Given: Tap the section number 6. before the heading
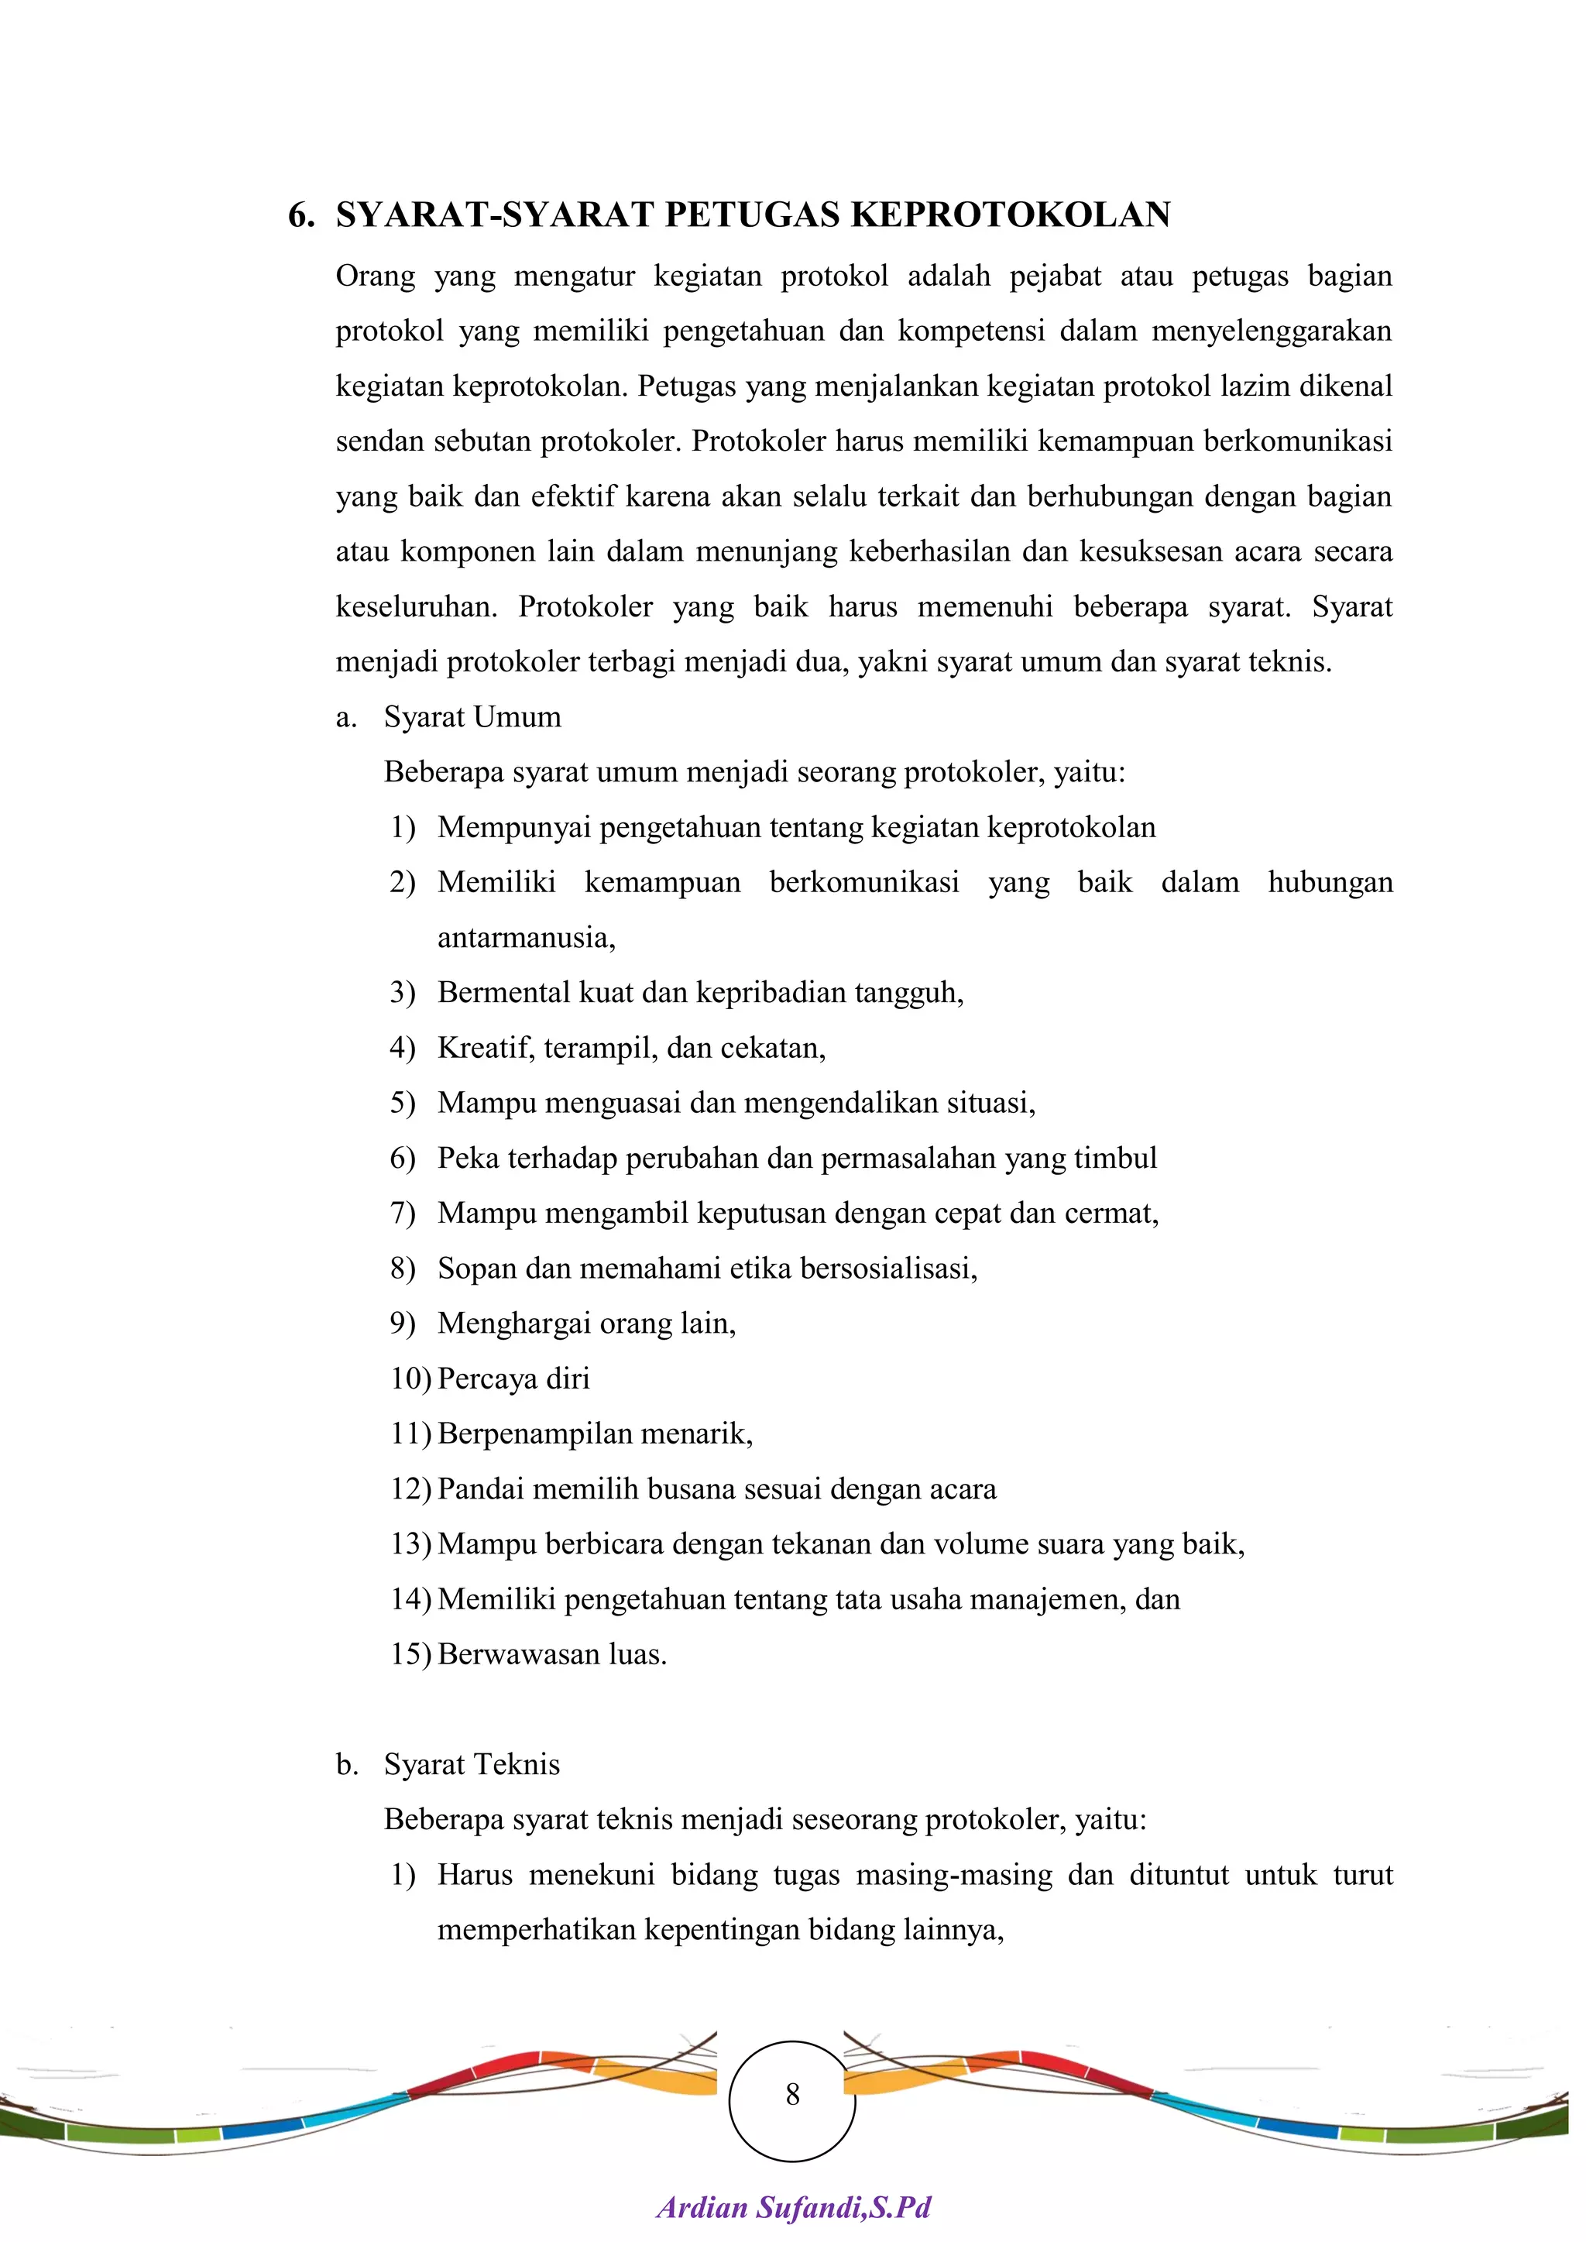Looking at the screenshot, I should click(x=300, y=215).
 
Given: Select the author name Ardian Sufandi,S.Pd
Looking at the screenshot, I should click(x=793, y=2207).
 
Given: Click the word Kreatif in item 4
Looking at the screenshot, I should click(x=486, y=1048).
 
